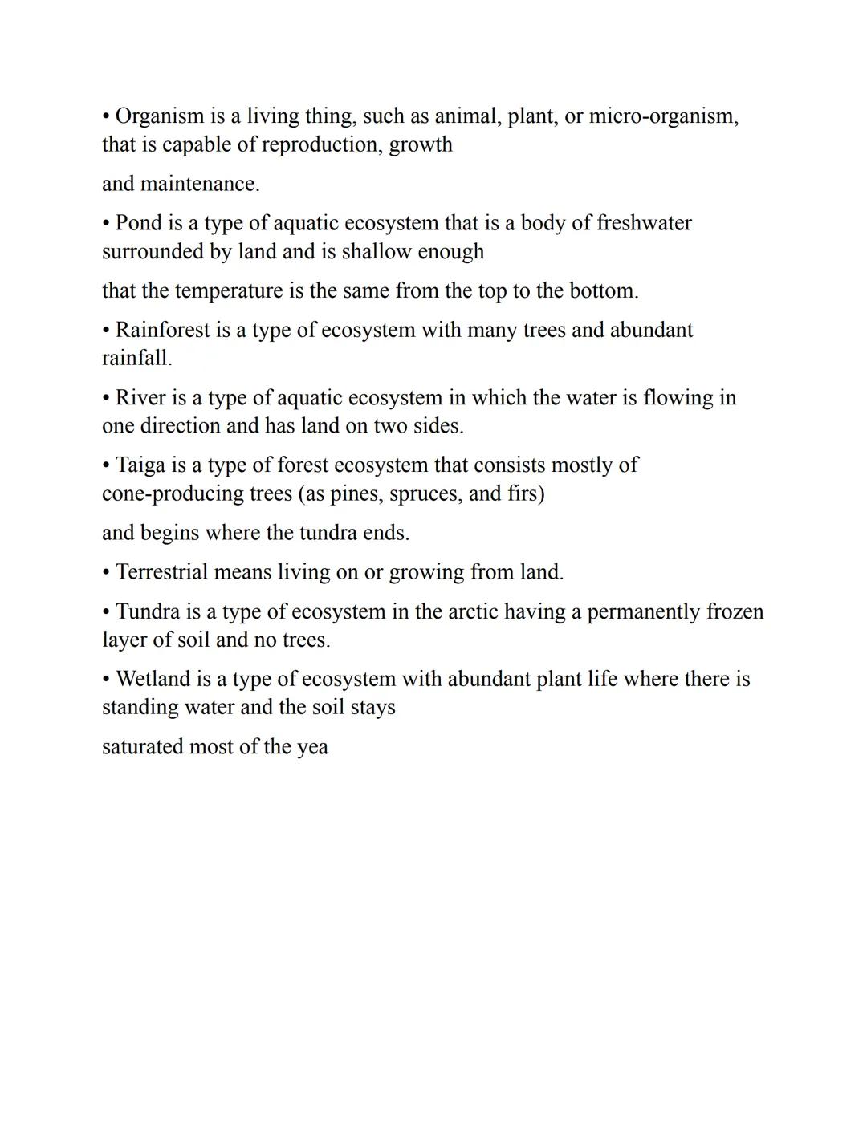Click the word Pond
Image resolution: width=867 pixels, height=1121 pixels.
coord(138,223)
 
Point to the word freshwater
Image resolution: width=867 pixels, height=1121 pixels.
coord(644,223)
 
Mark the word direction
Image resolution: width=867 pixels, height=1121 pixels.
coord(180,425)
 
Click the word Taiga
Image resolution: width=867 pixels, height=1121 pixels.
coord(140,465)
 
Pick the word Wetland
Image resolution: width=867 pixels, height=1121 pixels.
coord(150,680)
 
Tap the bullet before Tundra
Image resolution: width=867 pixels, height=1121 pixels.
coord(106,612)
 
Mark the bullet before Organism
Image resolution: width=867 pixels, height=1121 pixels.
coord(106,116)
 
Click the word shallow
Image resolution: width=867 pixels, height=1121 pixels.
coord(377,252)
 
